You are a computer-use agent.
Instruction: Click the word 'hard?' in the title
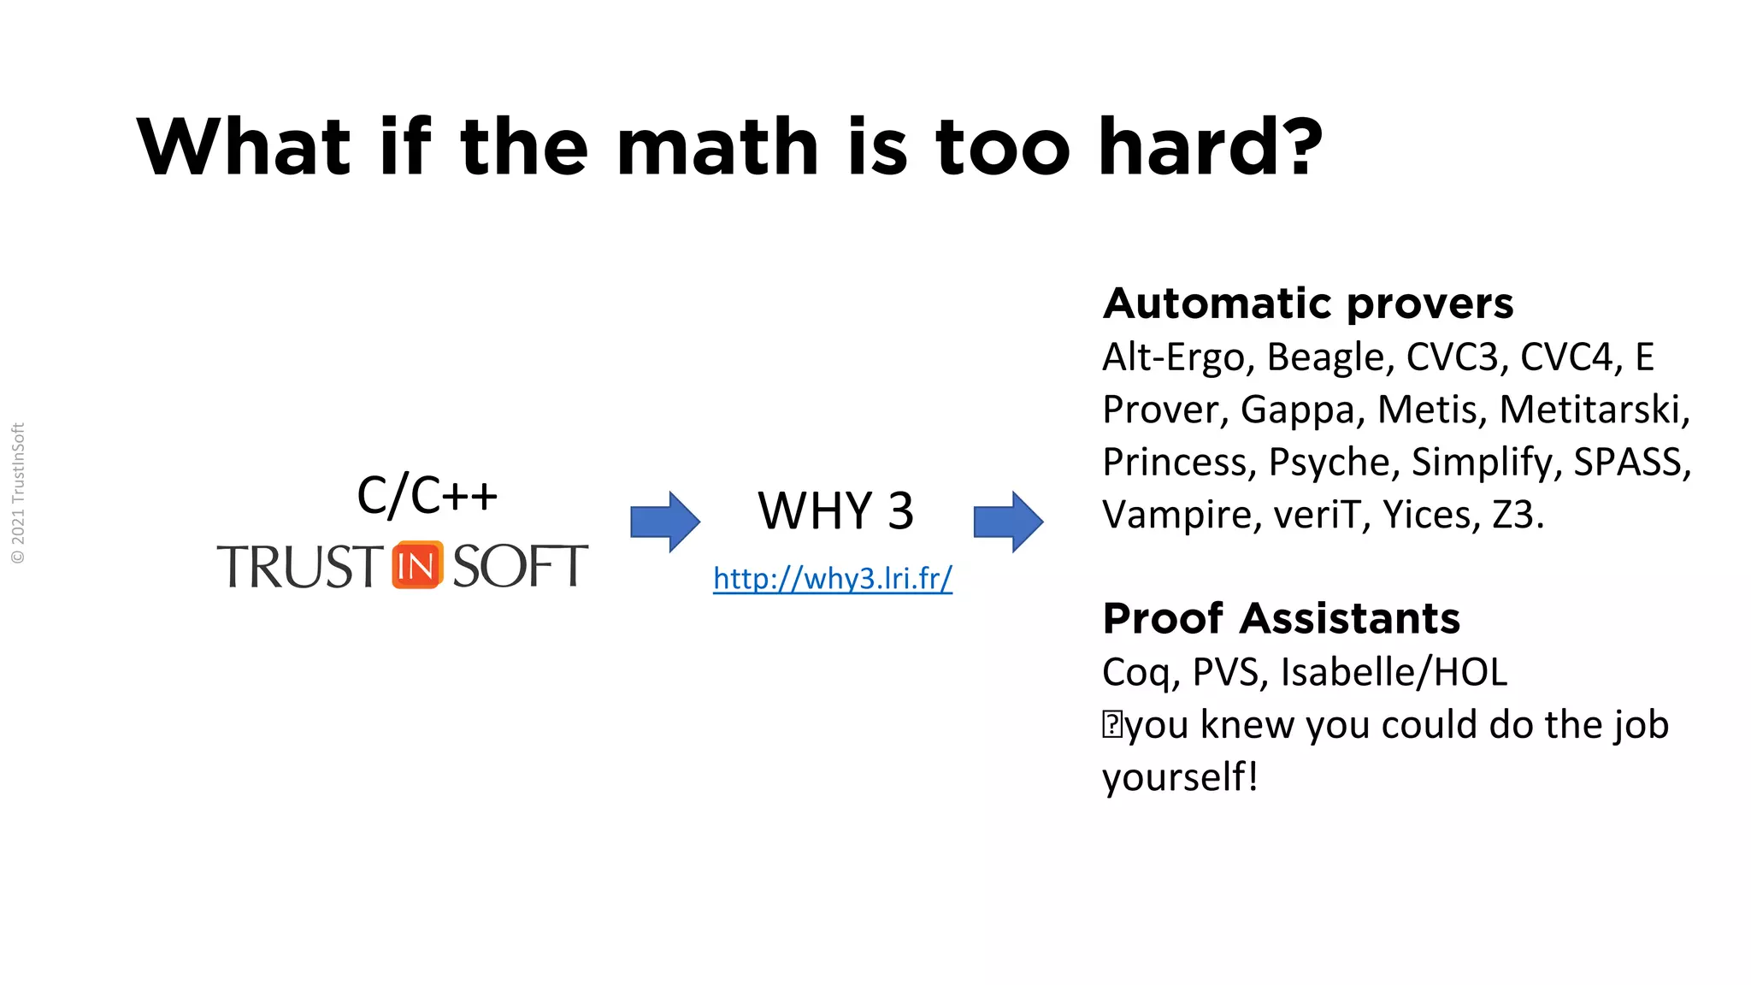click(1210, 147)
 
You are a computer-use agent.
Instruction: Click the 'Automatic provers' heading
click(1307, 304)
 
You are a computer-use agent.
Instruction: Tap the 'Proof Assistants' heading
click(1281, 618)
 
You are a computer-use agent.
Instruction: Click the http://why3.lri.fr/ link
click(832, 579)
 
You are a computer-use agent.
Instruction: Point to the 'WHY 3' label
click(835, 511)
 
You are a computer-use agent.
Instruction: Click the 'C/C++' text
click(427, 496)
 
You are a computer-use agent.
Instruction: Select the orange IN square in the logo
click(417, 565)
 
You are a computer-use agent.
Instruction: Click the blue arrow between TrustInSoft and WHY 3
click(665, 521)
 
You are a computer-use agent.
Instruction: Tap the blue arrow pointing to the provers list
click(1008, 521)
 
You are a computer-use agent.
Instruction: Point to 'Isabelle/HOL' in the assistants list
click(1394, 672)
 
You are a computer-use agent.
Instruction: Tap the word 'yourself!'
click(1180, 777)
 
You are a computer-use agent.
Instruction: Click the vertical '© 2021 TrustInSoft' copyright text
click(18, 493)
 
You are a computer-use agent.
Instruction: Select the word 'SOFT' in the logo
click(520, 566)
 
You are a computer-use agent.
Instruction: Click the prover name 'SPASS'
click(1629, 463)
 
